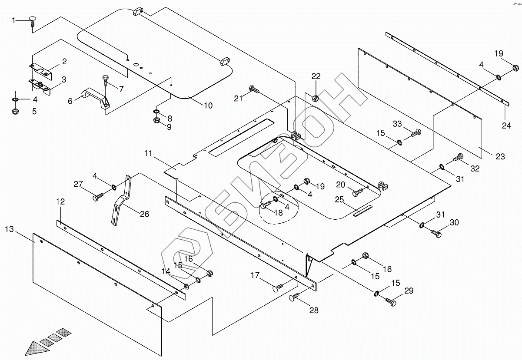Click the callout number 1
pos(14,20)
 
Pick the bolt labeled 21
pos(254,90)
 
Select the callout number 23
pos(500,156)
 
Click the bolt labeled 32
pos(458,157)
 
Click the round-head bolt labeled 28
pos(295,297)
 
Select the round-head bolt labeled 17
pos(277,287)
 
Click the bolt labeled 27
pos(98,198)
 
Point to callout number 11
pos(149,153)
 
